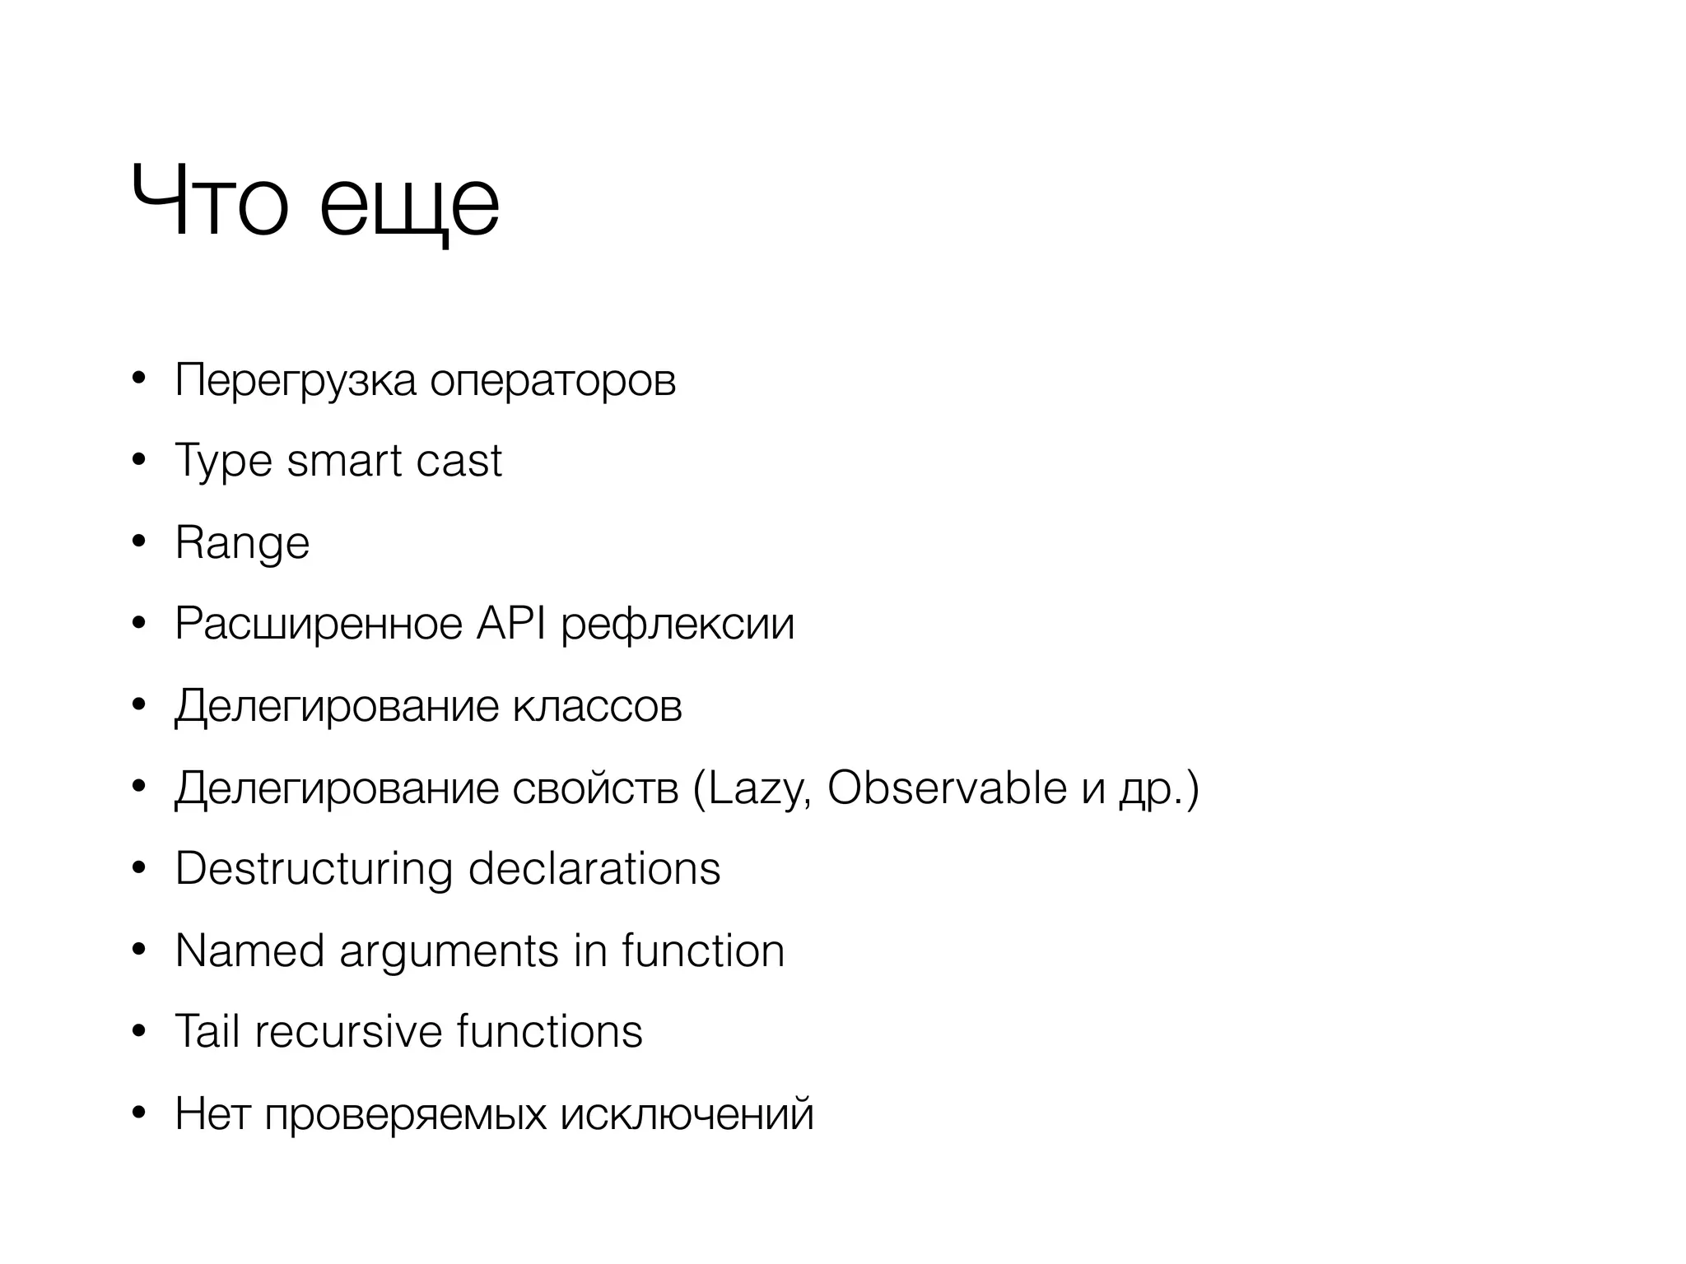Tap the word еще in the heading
coord(409,206)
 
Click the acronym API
coord(510,623)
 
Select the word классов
coord(597,706)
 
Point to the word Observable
coord(947,788)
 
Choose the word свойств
coord(595,788)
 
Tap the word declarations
coord(594,868)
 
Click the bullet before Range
coord(138,541)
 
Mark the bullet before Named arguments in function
coord(138,950)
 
